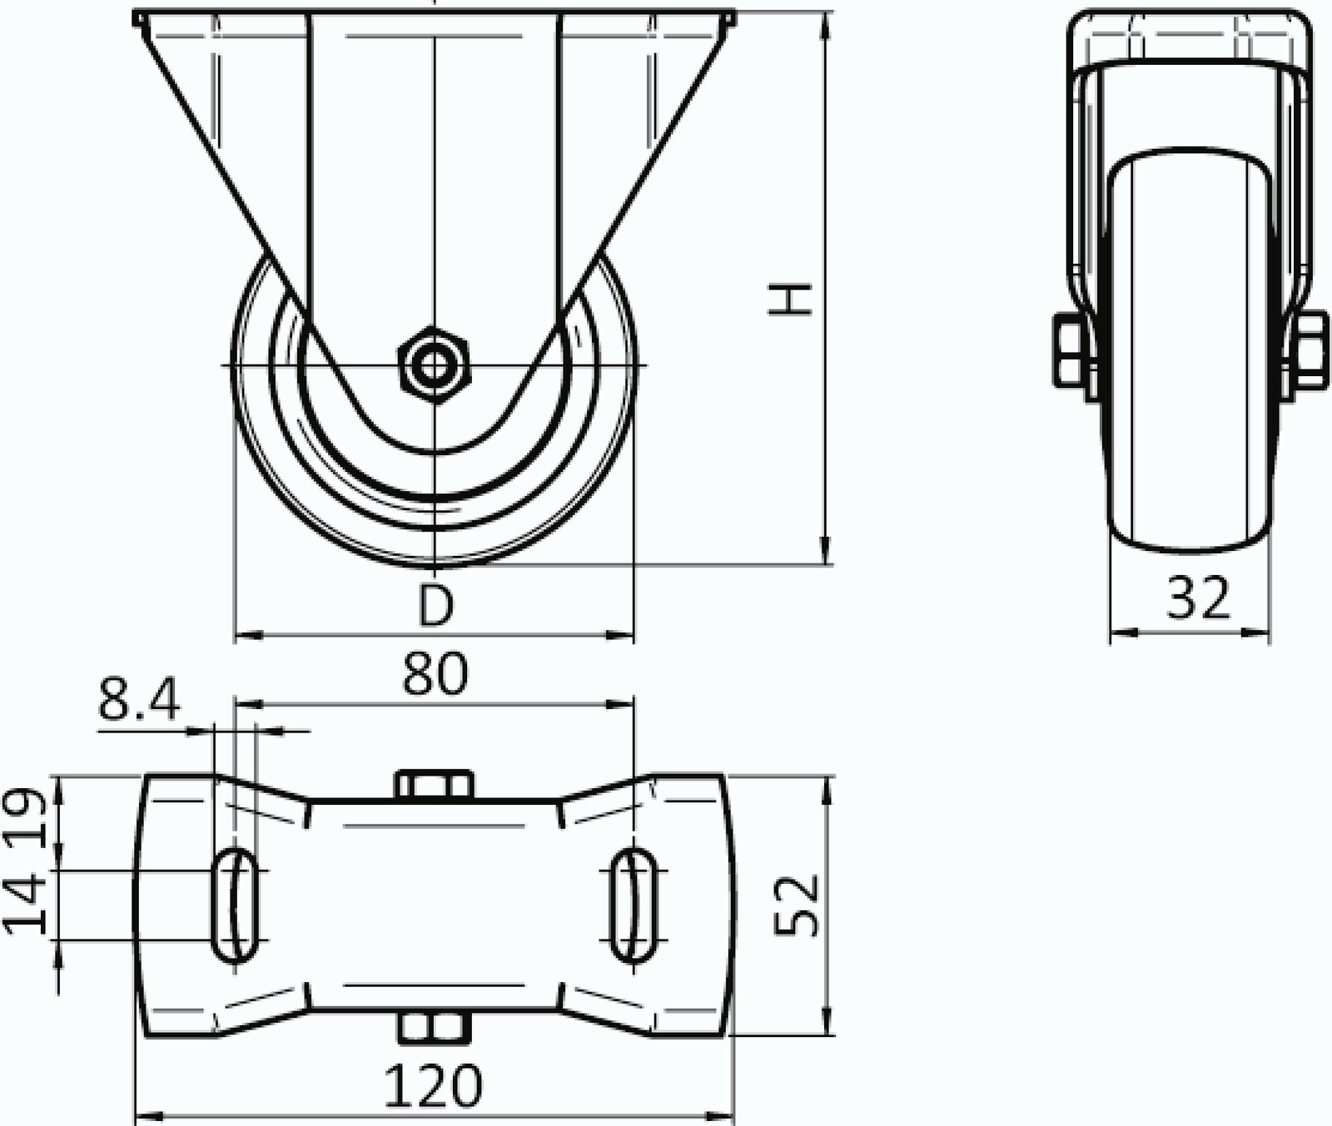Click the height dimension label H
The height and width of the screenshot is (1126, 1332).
788,299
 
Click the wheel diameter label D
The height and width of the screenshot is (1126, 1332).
435,605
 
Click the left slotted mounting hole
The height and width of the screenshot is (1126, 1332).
236,905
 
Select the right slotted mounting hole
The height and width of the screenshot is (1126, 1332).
635,905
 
